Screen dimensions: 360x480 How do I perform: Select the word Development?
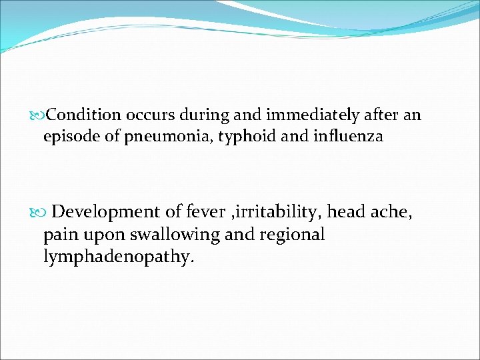click(106, 213)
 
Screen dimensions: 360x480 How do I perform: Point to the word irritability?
click(276, 213)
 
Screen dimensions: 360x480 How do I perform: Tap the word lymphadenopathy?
click(119, 257)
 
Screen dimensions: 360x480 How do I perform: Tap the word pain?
click(58, 235)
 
